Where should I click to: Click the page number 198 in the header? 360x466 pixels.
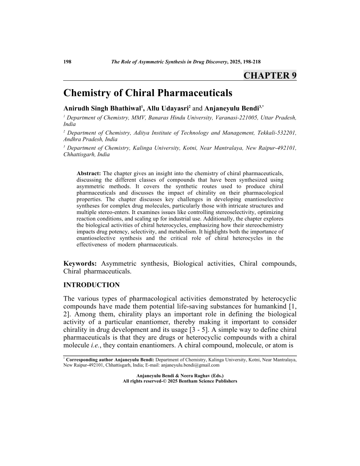click(x=67, y=62)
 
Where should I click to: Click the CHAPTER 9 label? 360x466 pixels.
click(x=270, y=75)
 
